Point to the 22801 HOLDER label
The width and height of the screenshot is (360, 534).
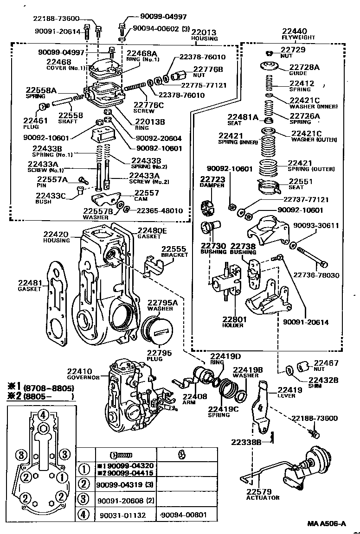pyautogui.click(x=234, y=323)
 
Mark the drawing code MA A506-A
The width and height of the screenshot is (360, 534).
pyautogui.click(x=326, y=524)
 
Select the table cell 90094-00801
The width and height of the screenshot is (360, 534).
pyautogui.click(x=183, y=515)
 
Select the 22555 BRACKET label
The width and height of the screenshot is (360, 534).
pyautogui.click(x=174, y=252)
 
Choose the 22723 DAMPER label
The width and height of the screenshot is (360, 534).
pyautogui.click(x=212, y=181)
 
